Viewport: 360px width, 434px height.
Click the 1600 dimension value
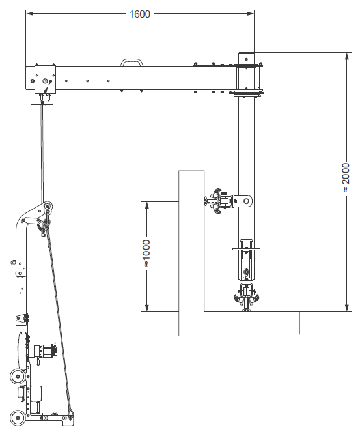pos(139,14)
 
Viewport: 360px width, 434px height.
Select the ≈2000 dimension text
pos(345,178)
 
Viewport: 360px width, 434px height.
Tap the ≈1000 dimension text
pos(146,253)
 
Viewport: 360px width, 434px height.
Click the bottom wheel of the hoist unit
pos(18,418)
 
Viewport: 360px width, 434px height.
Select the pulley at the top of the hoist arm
pos(48,207)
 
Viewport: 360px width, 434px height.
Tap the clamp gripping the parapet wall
pos(219,201)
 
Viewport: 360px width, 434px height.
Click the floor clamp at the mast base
pos(246,298)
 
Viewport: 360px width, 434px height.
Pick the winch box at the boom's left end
pos(46,80)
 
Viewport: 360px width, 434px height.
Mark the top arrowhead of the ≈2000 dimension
pos(347,56)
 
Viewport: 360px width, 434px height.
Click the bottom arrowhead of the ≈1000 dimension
pos(147,308)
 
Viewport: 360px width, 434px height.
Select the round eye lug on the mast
pos(246,201)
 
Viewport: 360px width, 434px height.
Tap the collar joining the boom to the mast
pos(249,80)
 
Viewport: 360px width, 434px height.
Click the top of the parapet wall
pos(191,171)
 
